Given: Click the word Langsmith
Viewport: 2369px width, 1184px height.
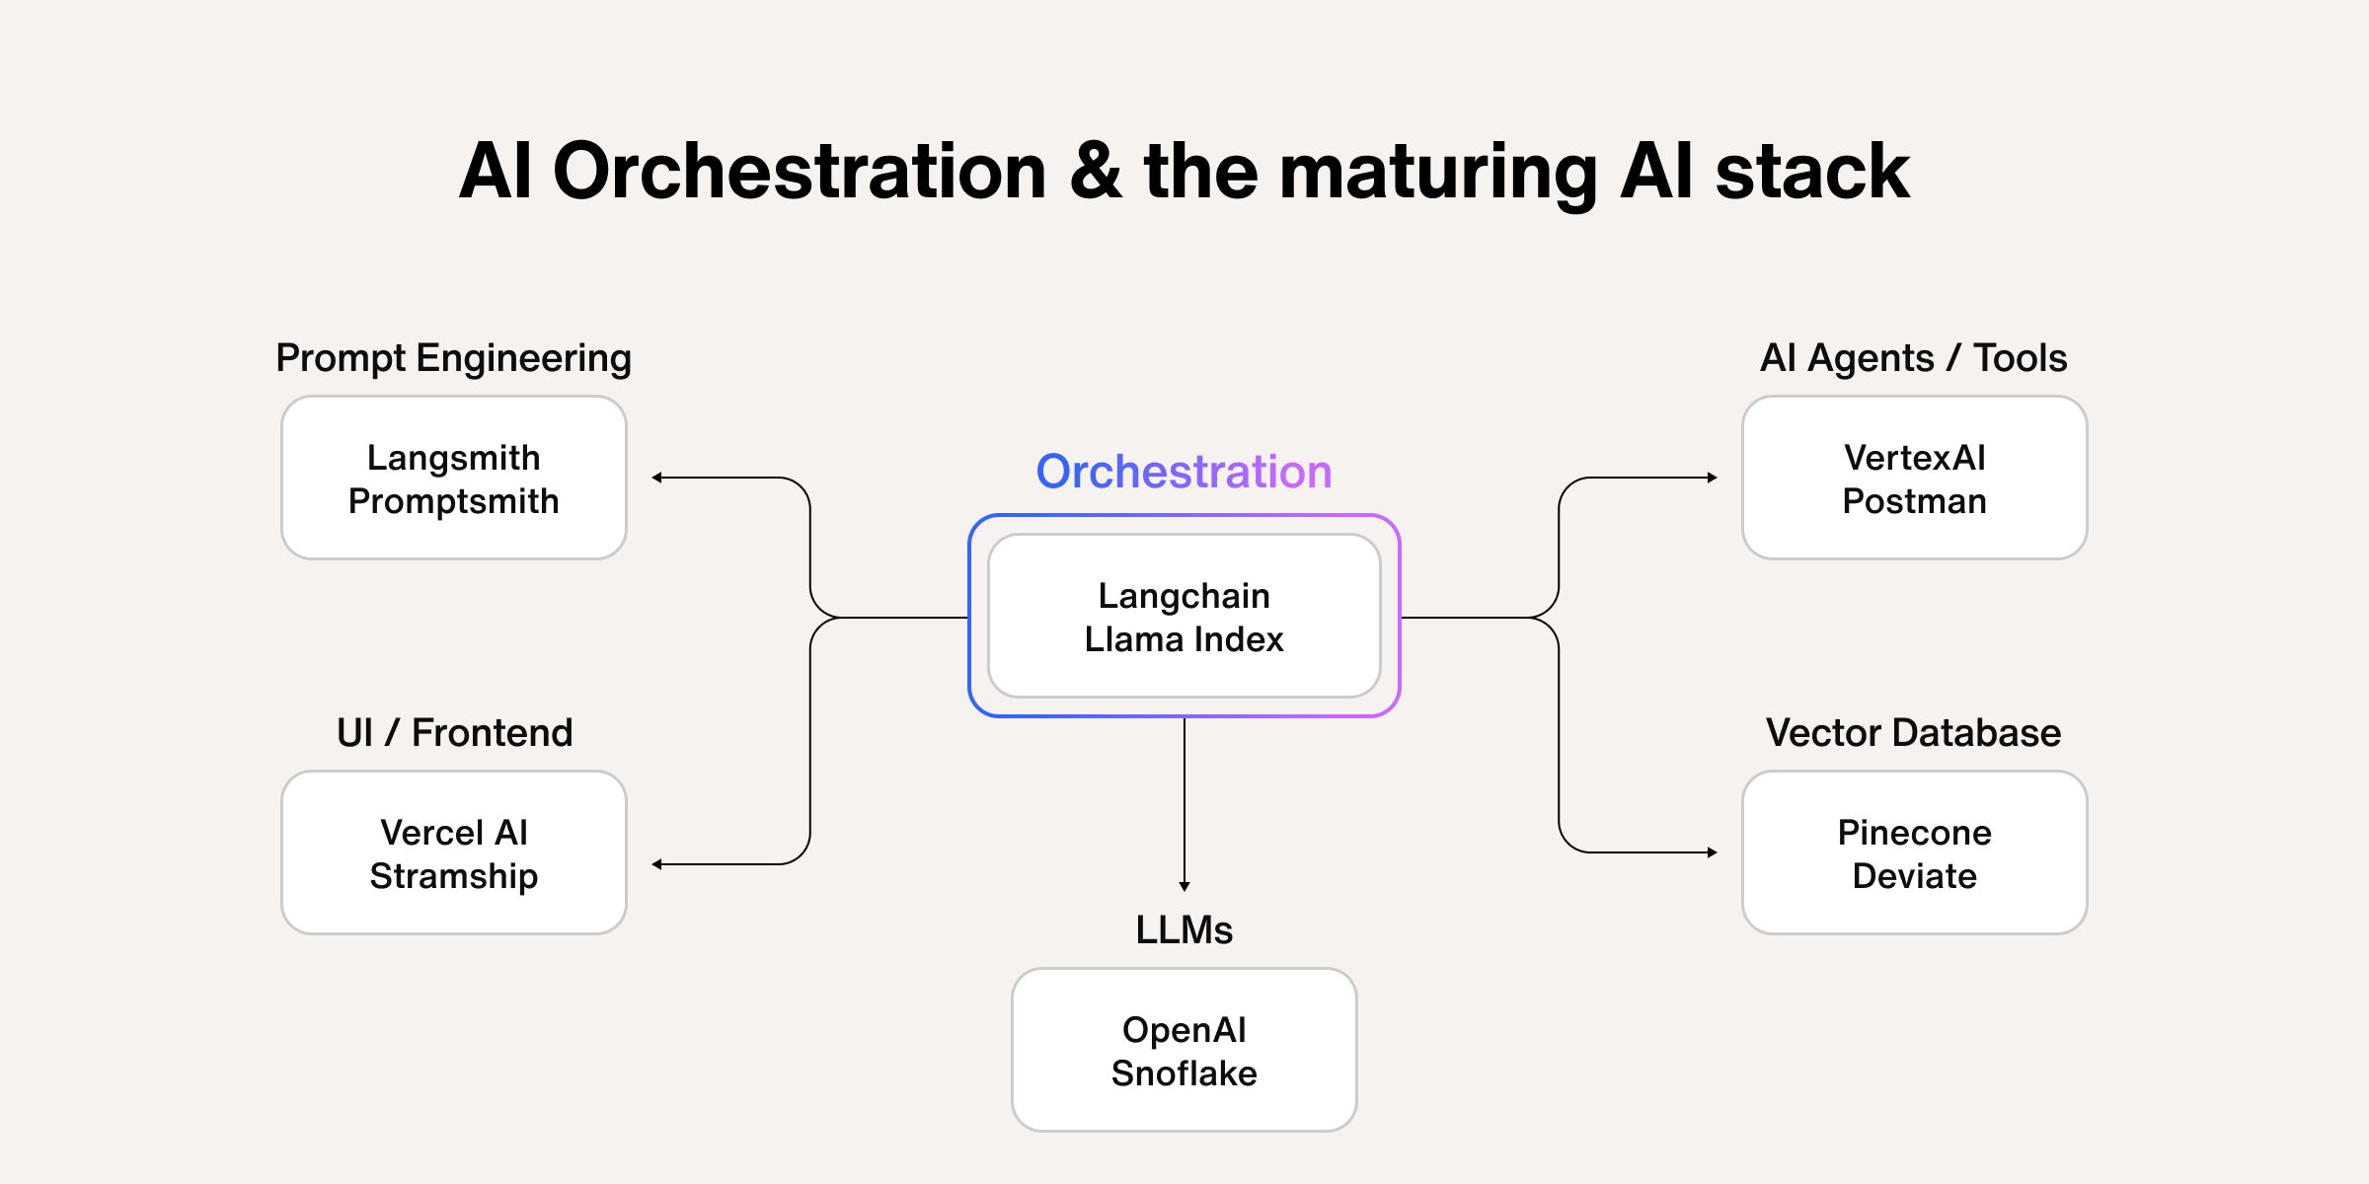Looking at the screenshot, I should (x=453, y=458).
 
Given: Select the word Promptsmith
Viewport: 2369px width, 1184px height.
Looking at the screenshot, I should (x=453, y=501).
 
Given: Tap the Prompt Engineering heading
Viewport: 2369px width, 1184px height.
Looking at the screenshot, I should (x=453, y=357).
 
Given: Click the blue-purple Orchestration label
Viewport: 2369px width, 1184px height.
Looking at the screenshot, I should (x=1184, y=472).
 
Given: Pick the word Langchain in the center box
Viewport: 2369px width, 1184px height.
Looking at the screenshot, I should (x=1184, y=596).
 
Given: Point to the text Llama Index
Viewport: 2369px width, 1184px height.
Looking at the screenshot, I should (x=1184, y=639).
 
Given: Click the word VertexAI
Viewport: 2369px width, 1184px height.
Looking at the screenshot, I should (x=1914, y=458).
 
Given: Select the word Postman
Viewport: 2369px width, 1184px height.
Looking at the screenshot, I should (x=1914, y=501).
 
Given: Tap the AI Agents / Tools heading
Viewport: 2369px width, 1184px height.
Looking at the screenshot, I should (x=1913, y=357).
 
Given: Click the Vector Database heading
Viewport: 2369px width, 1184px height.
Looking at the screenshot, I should (x=1913, y=732).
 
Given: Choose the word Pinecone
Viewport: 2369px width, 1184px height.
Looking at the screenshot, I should (x=1914, y=833).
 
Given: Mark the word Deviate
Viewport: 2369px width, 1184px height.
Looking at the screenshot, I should (x=1914, y=876).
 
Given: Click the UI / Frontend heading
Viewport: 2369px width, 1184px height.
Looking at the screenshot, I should (x=454, y=732).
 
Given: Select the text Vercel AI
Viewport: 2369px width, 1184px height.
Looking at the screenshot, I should (x=453, y=833).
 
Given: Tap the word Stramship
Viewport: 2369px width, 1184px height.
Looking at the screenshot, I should (x=453, y=876).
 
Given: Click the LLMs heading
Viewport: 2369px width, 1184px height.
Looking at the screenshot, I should (x=1184, y=929).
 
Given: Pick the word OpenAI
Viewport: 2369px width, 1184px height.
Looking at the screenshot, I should (x=1184, y=1030).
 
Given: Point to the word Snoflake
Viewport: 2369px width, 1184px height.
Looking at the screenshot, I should (x=1184, y=1073).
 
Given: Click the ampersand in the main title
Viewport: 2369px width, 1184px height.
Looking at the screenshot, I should (x=1095, y=172).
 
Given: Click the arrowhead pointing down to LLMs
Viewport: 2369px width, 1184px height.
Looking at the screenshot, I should (x=1184, y=886).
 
